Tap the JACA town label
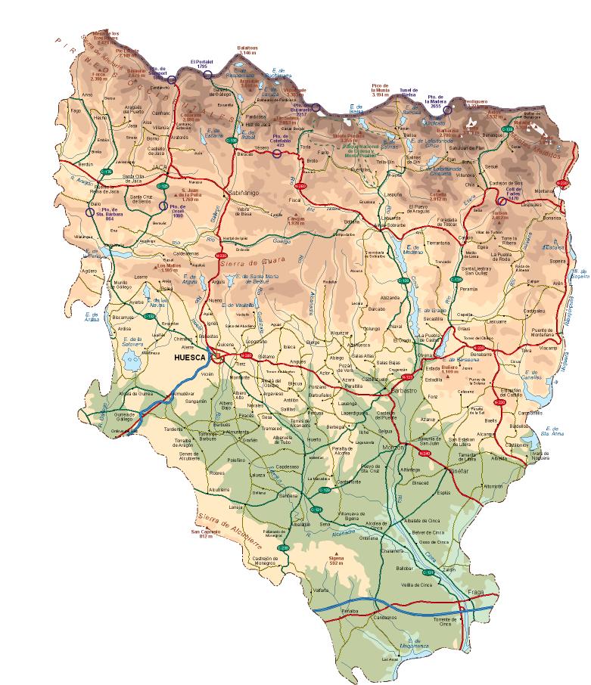point(158,167)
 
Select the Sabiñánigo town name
point(244,194)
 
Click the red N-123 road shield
point(406,376)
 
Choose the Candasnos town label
point(384,617)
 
